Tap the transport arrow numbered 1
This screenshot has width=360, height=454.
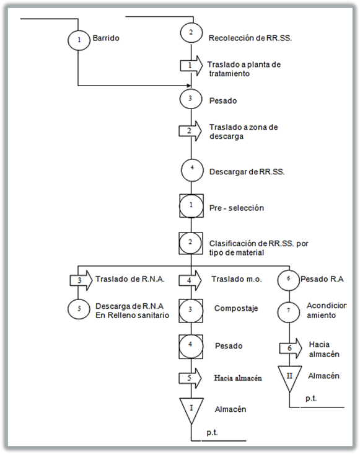[x=191, y=66]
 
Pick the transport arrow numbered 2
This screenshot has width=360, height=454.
[x=190, y=131]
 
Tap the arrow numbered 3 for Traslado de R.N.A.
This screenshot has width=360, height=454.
[x=81, y=280]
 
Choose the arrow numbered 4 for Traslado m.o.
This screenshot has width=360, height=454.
[x=190, y=280]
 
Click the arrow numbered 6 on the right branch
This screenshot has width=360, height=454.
[x=291, y=349]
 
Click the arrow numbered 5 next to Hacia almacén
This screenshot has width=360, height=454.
[x=190, y=378]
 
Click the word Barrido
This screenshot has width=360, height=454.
[x=106, y=38]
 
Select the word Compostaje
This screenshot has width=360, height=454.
[x=236, y=309]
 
